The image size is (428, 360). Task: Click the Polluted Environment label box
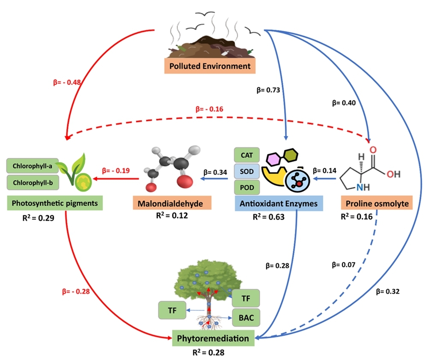tap(209, 66)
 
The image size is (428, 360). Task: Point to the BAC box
tap(246, 318)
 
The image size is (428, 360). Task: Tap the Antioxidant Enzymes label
tap(279, 203)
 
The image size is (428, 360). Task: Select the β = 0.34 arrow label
tap(215, 172)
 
